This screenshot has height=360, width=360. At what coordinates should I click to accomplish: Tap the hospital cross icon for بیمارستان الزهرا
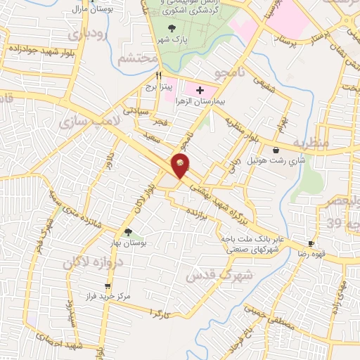point(200,90)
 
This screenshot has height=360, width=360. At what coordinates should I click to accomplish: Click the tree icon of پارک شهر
point(172,29)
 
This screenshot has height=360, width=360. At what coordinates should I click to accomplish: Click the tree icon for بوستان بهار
point(128,232)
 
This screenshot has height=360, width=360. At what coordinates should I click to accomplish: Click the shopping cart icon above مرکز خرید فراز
point(107,286)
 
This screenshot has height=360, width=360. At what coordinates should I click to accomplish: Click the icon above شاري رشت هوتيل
point(274,150)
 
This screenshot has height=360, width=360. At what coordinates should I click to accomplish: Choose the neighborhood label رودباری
point(86,33)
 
